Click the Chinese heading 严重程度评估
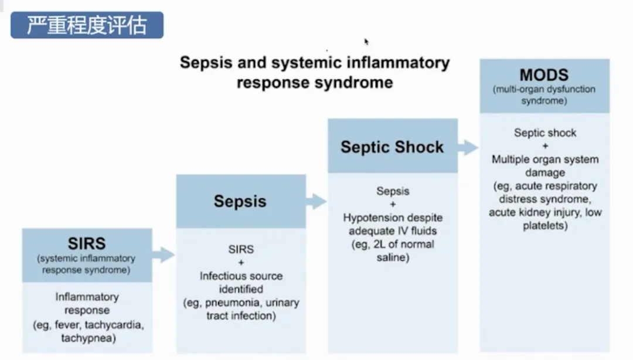(87, 25)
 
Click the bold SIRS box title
(87, 243)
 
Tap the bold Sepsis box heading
(240, 201)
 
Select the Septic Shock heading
(392, 147)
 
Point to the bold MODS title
(544, 75)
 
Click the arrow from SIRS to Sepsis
(164, 255)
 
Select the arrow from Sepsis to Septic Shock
(316, 201)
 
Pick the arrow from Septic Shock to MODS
(468, 147)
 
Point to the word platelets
(545, 226)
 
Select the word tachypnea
(87, 338)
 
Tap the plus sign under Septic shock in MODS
(545, 146)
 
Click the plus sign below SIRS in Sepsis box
(240, 263)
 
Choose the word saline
(393, 257)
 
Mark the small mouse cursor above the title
(366, 42)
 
